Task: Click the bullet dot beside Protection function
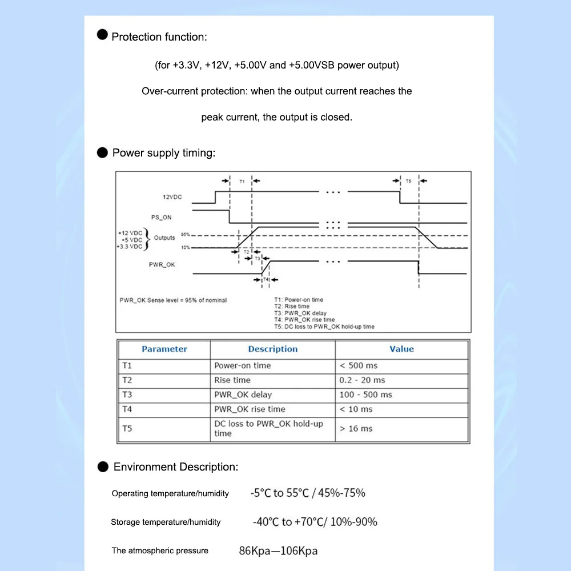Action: [102, 35]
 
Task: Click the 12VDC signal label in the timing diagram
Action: [172, 197]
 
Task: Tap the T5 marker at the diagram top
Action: [408, 181]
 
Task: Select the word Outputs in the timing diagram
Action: [164, 238]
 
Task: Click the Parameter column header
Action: [164, 349]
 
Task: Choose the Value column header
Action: [401, 349]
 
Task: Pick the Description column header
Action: [272, 349]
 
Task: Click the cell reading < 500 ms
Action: [359, 365]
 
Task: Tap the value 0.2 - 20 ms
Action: [362, 380]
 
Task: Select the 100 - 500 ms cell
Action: [365, 395]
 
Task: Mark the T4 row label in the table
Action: [127, 409]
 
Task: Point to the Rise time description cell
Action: [232, 380]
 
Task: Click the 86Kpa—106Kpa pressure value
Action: [278, 551]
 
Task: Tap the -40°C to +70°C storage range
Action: [315, 522]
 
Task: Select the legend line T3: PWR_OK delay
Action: [301, 313]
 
